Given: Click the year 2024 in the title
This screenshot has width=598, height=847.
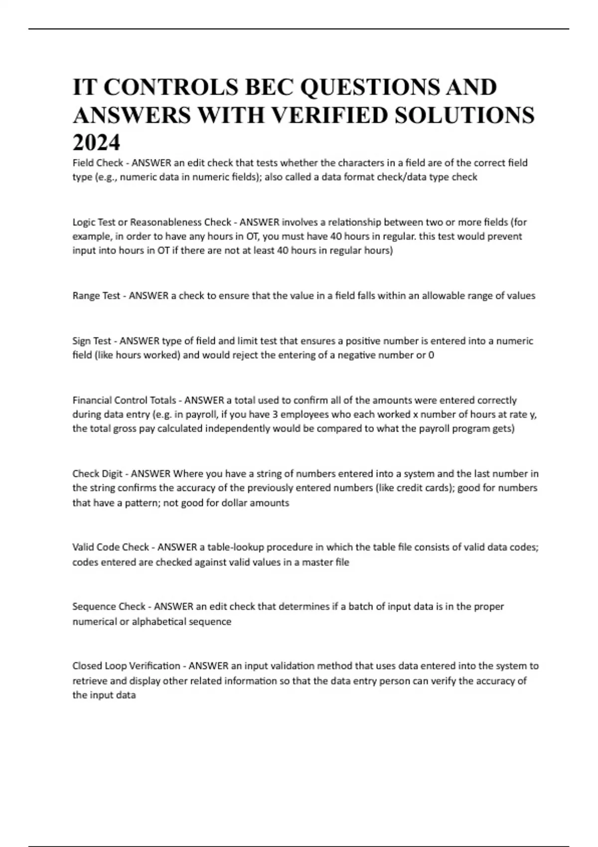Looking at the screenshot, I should pos(97,143).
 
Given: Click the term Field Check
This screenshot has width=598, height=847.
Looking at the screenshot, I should pos(98,163).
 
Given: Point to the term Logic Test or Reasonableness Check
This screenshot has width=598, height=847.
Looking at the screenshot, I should pos(152,222).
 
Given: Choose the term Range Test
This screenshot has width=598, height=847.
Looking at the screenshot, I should pos(96,296).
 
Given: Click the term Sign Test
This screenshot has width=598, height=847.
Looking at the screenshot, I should pos(92,341).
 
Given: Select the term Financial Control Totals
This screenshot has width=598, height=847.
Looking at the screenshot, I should pos(124,401).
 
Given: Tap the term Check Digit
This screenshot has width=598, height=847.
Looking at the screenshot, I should pos(97,474).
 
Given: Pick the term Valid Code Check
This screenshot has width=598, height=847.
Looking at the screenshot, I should pos(111,548).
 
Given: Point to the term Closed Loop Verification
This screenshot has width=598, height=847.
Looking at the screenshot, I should pos(126,666).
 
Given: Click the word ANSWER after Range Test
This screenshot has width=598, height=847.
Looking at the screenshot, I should pos(149,296).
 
